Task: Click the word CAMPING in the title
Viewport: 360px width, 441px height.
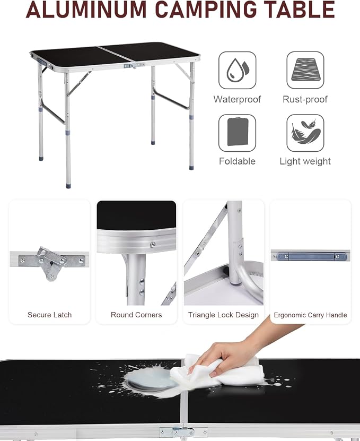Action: (x=206, y=10)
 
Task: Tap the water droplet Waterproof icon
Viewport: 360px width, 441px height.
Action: (x=237, y=70)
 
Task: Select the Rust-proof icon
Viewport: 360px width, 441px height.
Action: (x=305, y=70)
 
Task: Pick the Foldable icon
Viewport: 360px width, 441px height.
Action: (x=237, y=133)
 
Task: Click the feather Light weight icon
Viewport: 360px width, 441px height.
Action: (x=305, y=133)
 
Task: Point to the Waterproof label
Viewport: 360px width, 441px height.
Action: (x=237, y=99)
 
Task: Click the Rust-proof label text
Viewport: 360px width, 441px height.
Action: (x=305, y=99)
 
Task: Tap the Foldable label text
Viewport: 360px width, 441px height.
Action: (x=237, y=161)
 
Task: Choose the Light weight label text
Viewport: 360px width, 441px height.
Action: (x=305, y=161)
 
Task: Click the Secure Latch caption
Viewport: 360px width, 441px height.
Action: (x=49, y=315)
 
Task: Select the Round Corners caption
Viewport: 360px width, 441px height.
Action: (x=136, y=315)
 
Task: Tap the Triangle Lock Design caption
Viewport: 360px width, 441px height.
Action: (x=223, y=315)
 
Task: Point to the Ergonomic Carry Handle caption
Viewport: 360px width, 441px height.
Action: (x=310, y=315)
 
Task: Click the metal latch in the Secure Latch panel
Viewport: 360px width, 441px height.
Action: (x=50, y=263)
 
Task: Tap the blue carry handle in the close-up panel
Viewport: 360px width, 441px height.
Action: (x=312, y=256)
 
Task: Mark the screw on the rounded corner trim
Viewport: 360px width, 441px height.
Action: (x=153, y=245)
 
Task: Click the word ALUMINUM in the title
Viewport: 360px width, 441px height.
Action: (x=86, y=10)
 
